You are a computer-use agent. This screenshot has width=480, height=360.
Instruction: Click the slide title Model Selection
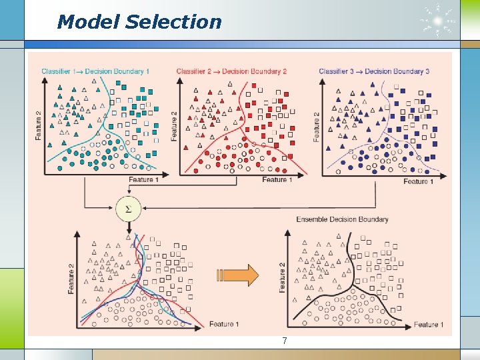(x=139, y=22)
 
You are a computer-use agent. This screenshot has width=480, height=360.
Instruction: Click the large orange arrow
(x=238, y=275)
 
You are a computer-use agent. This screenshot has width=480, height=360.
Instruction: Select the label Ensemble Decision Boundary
(x=342, y=219)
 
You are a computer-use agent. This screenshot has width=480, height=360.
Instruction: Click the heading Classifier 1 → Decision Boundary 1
(x=95, y=71)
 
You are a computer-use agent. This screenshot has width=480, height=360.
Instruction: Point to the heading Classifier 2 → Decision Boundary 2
(x=231, y=71)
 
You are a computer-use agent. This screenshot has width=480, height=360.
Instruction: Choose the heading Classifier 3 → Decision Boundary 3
(x=374, y=71)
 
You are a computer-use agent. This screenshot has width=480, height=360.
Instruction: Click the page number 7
(x=285, y=341)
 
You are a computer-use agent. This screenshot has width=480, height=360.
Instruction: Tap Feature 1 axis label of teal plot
(x=143, y=180)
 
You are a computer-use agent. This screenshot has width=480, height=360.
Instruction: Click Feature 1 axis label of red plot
(x=275, y=180)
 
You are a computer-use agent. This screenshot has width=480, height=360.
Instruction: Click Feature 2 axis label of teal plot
(x=38, y=125)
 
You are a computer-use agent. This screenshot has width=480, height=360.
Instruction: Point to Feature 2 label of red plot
(x=174, y=125)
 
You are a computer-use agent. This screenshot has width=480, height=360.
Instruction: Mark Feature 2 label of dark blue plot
(x=316, y=125)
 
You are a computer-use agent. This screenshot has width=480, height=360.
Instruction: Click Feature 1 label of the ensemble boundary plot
(x=426, y=325)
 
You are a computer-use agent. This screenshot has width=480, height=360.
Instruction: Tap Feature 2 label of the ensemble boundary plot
(x=282, y=276)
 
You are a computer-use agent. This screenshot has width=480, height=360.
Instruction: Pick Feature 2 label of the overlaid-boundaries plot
(x=71, y=279)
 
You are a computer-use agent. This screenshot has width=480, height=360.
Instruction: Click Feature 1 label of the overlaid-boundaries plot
(x=221, y=325)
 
